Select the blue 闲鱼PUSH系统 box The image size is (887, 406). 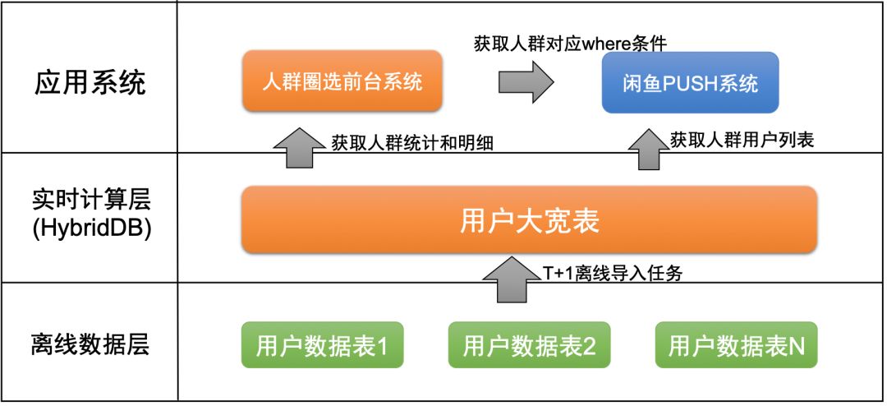point(689,83)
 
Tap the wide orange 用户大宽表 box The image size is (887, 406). point(529,220)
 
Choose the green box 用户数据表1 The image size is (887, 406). point(322,345)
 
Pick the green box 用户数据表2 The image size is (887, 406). point(529,345)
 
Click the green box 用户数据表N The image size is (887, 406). point(737,345)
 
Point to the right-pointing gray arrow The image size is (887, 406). point(526,82)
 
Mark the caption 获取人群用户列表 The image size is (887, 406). point(742,141)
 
